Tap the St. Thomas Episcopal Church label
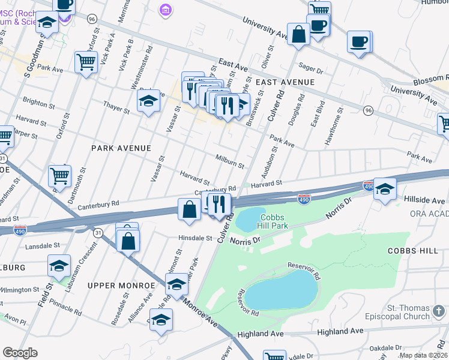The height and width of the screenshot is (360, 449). click(x=416, y=312)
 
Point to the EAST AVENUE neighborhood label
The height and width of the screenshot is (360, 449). click(x=285, y=82)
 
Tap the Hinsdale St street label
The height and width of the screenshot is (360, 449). click(x=195, y=238)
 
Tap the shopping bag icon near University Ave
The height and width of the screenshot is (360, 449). click(x=298, y=34)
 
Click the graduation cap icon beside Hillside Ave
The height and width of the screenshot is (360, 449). click(x=385, y=188)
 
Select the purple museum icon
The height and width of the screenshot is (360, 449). click(x=164, y=9)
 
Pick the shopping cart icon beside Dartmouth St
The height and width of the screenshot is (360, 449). click(x=59, y=176)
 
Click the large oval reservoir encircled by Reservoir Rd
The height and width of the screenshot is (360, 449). click(x=281, y=294)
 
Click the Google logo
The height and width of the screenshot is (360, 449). click(x=20, y=353)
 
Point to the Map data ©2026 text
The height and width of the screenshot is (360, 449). click(x=423, y=355)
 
